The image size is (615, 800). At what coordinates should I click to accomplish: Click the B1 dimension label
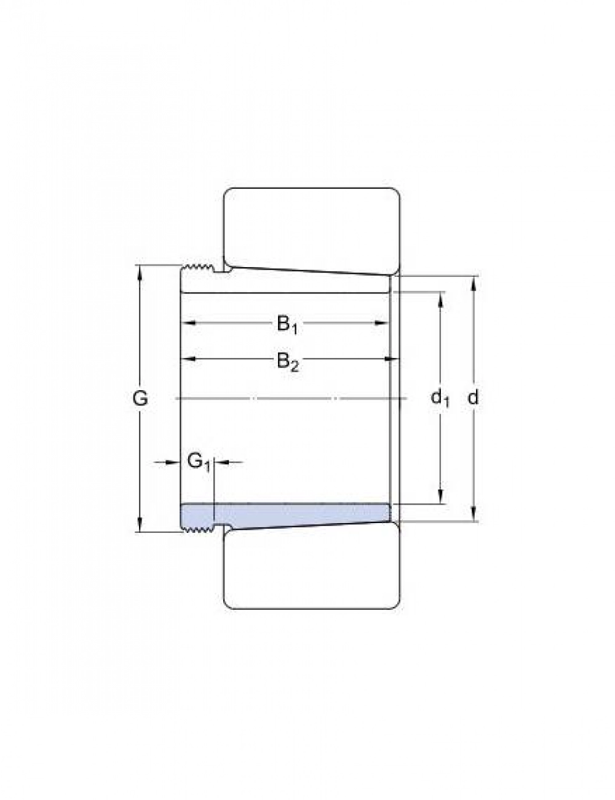click(x=287, y=325)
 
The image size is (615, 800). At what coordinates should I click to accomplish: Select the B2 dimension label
click(x=288, y=362)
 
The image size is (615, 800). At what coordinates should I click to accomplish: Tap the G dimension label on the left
click(x=140, y=398)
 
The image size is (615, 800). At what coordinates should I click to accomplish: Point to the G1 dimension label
click(x=199, y=462)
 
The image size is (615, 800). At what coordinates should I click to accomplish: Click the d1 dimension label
click(x=440, y=398)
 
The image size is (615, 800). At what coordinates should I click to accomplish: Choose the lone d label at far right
click(x=474, y=398)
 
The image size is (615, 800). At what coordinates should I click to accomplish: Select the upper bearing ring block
click(x=312, y=231)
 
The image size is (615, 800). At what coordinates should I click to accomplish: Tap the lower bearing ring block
click(x=312, y=566)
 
